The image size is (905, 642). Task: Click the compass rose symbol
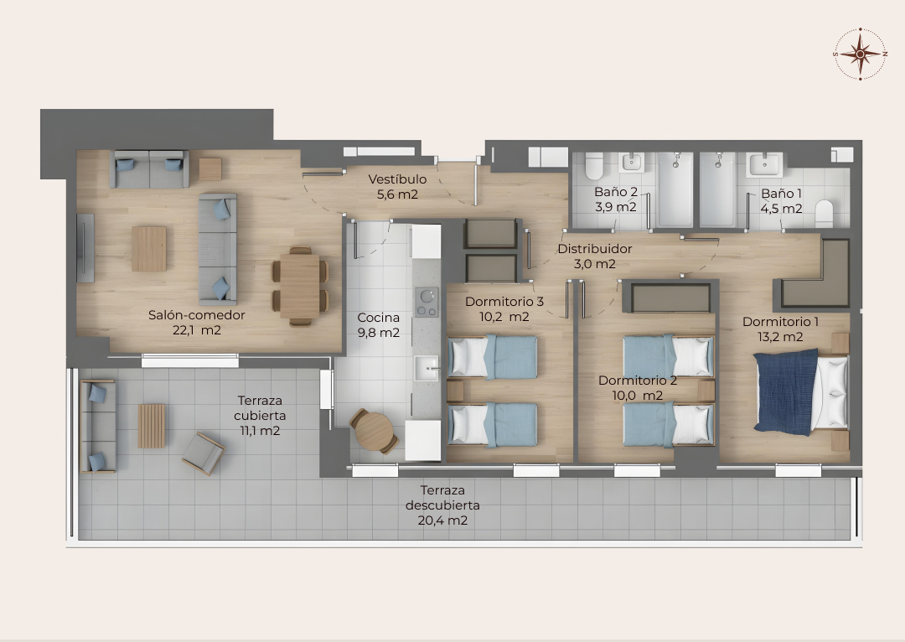860,54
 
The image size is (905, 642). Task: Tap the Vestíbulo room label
397,179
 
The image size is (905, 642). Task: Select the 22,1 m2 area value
197,330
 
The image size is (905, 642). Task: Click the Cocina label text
378,318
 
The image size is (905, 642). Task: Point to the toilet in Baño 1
824,212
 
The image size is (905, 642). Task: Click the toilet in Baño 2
594,166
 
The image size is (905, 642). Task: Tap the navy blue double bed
800,391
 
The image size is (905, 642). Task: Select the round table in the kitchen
374,431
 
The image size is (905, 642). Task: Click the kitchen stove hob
427,302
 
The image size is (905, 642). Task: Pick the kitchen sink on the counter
427,368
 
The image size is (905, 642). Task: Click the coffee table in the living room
149,249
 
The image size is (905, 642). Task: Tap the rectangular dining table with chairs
299,287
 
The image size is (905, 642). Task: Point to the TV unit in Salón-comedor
85,248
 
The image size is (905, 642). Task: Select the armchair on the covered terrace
203,453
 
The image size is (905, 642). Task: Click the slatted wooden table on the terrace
152,426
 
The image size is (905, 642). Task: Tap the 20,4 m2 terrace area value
442,520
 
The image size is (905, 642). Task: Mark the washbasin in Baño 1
764,165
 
